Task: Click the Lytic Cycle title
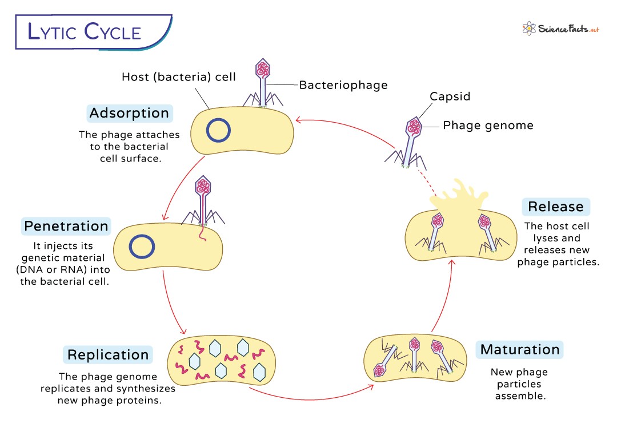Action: (85, 31)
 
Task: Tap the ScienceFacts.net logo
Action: (560, 28)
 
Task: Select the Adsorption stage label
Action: (129, 113)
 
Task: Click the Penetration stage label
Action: (66, 226)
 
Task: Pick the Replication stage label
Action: (108, 354)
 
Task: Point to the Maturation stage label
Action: (520, 349)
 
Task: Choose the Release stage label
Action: (555, 207)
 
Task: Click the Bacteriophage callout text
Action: (343, 85)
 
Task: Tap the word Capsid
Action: (450, 96)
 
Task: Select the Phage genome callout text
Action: (488, 126)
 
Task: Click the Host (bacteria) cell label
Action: (178, 76)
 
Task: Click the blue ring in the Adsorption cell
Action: (218, 131)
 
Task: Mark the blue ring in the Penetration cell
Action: (141, 246)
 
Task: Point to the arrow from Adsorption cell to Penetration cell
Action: (182, 188)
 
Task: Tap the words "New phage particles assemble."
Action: (519, 383)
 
